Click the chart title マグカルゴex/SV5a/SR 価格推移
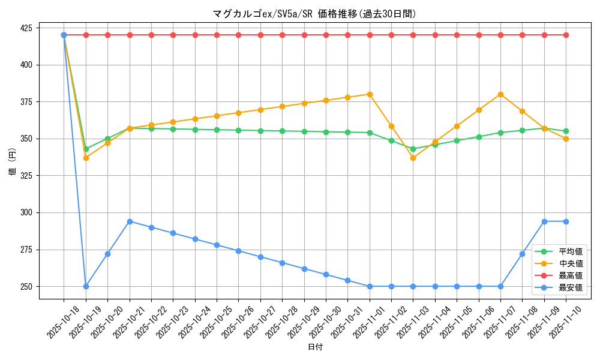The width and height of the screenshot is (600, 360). (x=314, y=14)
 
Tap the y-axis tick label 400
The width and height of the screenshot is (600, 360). (x=28, y=65)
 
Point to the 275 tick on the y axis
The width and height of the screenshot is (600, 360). (x=28, y=250)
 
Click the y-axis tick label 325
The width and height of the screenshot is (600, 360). (x=28, y=176)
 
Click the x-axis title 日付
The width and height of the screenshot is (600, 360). (x=315, y=347)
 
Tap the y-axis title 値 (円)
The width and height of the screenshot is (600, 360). (x=13, y=163)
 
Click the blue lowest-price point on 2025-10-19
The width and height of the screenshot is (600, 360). (x=86, y=286)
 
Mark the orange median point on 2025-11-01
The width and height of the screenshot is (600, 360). (x=370, y=94)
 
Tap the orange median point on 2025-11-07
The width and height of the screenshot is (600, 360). (x=500, y=94)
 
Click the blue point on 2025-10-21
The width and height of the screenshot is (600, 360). (x=130, y=221)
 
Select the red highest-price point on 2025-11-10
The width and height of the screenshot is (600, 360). (x=566, y=35)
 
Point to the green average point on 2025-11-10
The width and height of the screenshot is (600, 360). (x=566, y=131)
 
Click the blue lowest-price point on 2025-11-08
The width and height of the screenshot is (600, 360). (x=522, y=254)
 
